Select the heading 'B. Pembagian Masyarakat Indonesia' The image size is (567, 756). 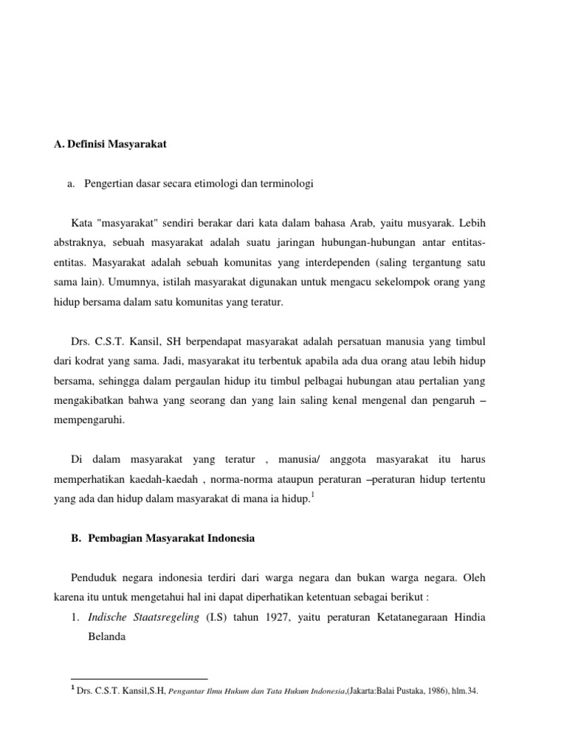[162, 538]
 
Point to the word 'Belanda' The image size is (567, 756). [109, 636]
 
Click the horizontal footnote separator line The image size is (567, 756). [140, 678]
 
